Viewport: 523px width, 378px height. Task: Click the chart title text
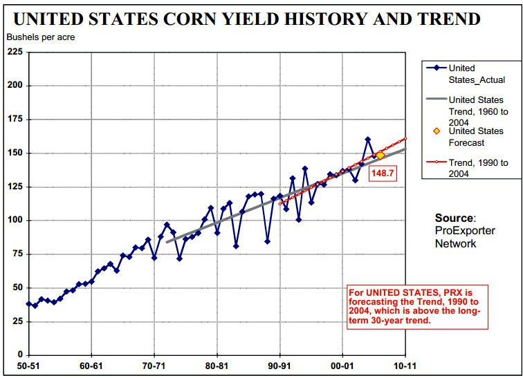tap(247, 18)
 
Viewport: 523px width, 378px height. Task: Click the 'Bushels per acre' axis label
tap(40, 37)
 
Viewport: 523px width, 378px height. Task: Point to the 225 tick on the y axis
tap(14, 52)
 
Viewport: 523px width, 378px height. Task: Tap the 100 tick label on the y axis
tap(14, 220)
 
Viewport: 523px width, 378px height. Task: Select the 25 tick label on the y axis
tap(17, 321)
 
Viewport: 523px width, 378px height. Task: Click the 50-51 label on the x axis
tap(28, 366)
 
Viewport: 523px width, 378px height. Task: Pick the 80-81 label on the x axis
tap(217, 366)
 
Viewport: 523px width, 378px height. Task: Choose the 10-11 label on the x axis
tap(405, 366)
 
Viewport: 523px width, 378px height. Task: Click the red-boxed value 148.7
tap(383, 173)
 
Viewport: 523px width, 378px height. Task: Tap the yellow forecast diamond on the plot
tap(380, 155)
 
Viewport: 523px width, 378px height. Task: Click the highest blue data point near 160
tap(368, 140)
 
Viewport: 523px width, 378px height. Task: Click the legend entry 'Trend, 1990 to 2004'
tap(478, 168)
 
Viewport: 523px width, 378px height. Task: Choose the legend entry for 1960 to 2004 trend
tap(477, 111)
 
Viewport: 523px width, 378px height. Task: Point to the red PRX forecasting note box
tap(417, 306)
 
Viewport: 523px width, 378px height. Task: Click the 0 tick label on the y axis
tap(19, 355)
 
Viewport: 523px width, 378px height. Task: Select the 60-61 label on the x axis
tap(91, 366)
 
